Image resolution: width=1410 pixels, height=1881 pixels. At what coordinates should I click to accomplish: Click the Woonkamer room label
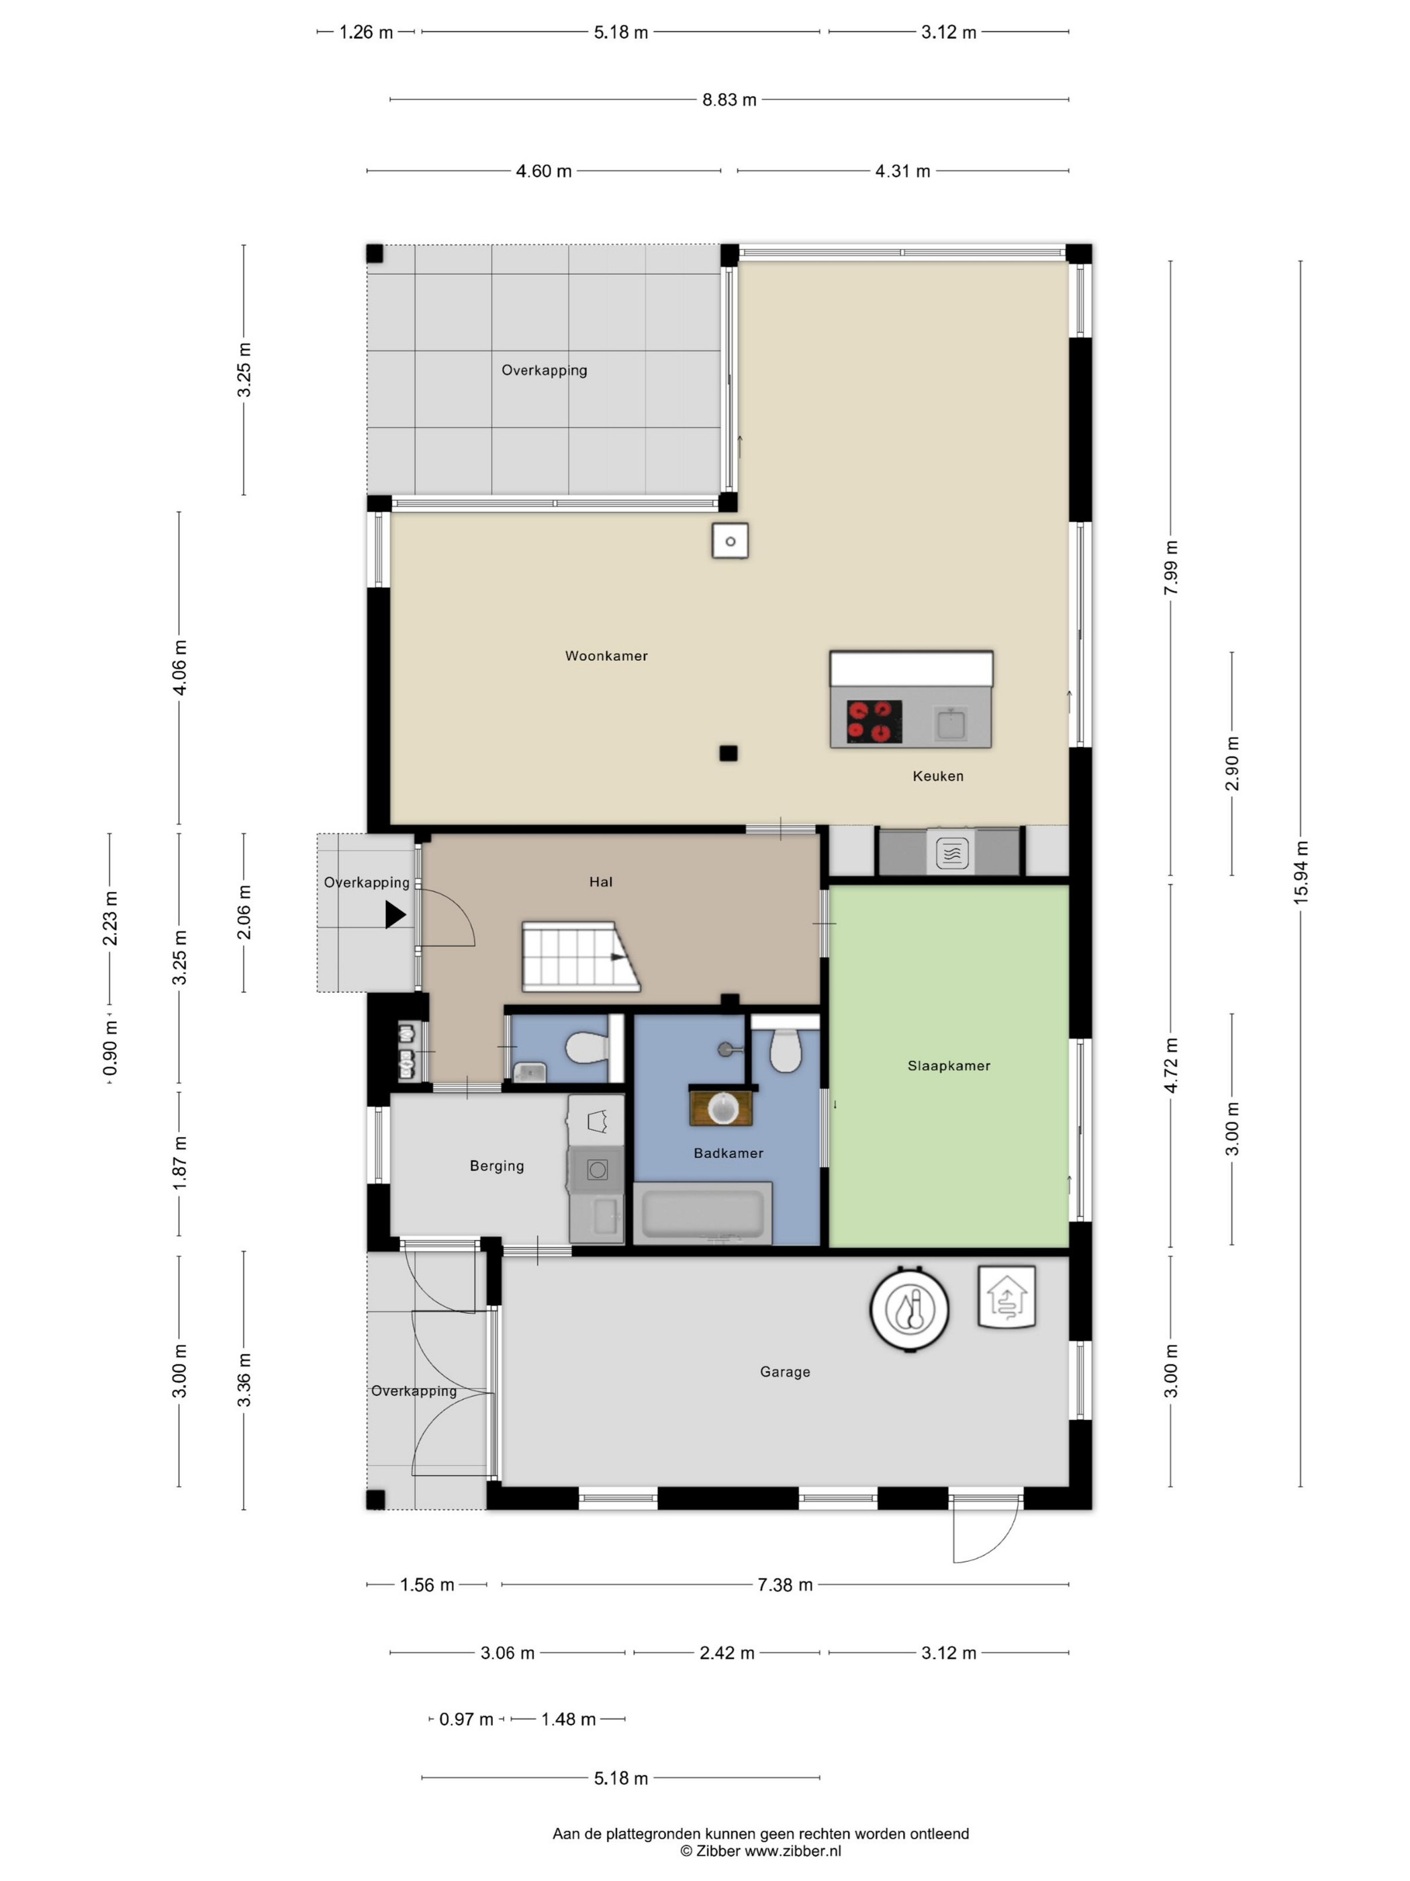606,656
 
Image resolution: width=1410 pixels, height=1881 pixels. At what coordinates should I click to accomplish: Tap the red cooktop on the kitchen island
874,721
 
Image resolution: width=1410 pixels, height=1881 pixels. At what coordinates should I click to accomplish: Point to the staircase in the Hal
581,957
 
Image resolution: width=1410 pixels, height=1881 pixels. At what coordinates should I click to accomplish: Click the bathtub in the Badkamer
703,1213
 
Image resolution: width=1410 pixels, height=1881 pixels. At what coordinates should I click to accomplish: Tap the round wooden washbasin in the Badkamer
722,1107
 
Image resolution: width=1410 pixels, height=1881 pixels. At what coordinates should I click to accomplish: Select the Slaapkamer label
949,1065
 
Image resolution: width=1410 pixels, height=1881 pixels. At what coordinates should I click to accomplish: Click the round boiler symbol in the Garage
909,1309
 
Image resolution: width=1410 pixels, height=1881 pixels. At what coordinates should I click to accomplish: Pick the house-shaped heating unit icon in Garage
1007,1297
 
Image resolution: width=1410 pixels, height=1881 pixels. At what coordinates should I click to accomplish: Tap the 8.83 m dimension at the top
729,99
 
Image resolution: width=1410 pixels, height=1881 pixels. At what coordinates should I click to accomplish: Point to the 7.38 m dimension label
784,1584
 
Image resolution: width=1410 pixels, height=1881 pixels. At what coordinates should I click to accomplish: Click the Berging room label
498,1166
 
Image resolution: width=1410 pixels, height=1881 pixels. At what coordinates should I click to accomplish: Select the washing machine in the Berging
597,1170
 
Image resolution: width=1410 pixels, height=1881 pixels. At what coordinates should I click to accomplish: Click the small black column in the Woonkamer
728,752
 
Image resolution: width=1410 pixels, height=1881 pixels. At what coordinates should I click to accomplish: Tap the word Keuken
937,775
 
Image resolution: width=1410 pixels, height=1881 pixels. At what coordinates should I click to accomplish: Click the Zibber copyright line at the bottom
761,1850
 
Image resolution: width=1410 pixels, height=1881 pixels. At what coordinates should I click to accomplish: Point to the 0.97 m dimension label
466,1719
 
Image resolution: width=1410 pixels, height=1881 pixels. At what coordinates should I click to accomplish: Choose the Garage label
786,1372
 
